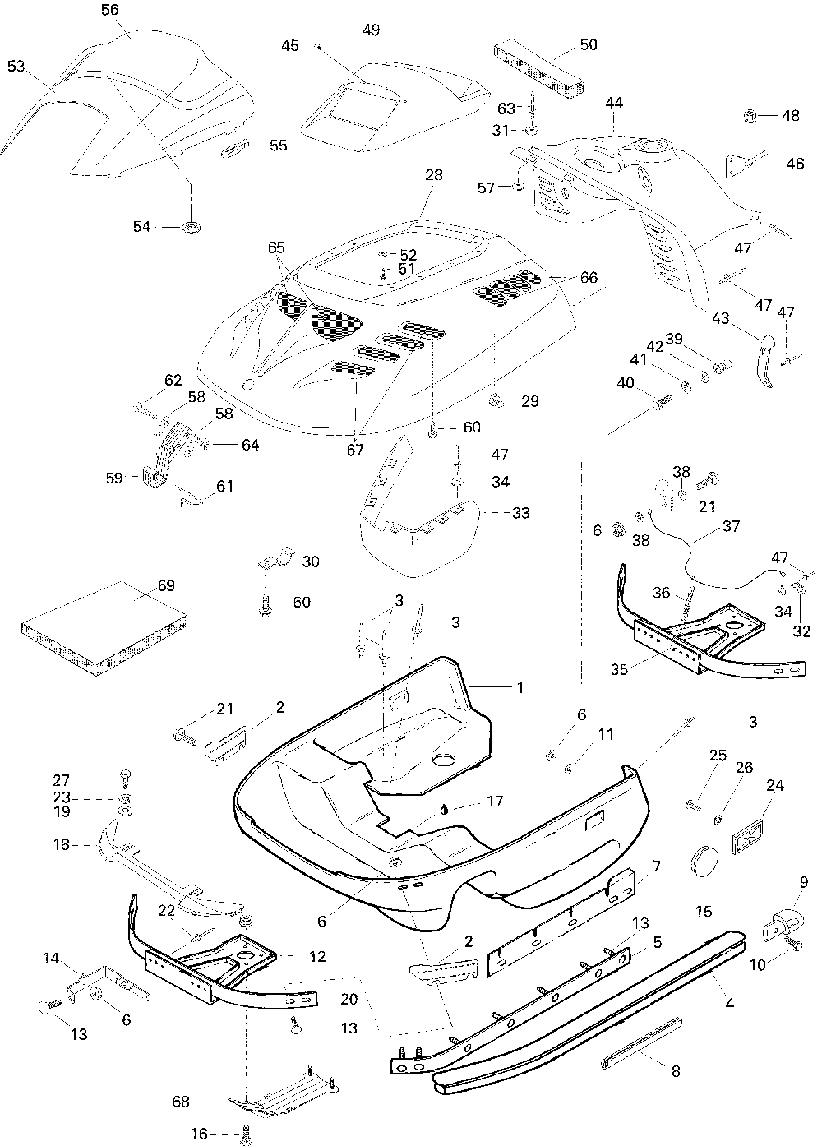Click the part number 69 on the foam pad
[x=166, y=585]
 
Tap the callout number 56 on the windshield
[x=110, y=10]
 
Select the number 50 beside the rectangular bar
[x=589, y=44]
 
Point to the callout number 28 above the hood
[x=434, y=175]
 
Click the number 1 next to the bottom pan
[x=520, y=687]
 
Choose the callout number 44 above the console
[x=614, y=103]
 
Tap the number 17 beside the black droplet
[x=495, y=801]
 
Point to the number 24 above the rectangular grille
[x=775, y=785]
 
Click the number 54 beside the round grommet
[x=141, y=226]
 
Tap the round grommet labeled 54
[x=192, y=227]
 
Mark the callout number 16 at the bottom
[x=200, y=1134]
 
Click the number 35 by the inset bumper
[x=619, y=669]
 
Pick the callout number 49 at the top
[x=372, y=30]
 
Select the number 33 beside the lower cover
[x=520, y=513]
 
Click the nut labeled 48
[x=750, y=116]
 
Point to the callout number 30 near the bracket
[x=311, y=561]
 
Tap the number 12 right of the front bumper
[x=317, y=956]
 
